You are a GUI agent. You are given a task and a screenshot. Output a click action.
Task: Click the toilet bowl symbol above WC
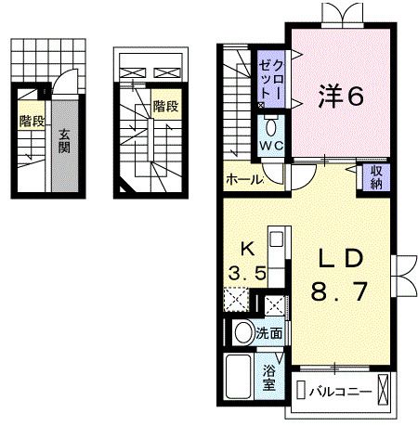pos(272,127)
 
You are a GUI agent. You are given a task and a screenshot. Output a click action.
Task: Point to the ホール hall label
pos(243,179)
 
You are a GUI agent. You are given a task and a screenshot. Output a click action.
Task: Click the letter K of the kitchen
pos(247,248)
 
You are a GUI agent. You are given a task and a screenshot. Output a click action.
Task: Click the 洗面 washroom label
pos(270,331)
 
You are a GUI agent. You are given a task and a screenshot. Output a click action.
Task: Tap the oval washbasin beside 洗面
pos(243,332)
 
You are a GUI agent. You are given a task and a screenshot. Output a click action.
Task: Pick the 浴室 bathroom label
pos(268,380)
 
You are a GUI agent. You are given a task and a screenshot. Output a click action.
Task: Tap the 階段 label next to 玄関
pos(31,121)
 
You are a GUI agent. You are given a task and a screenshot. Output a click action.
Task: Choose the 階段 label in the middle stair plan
pos(165,106)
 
